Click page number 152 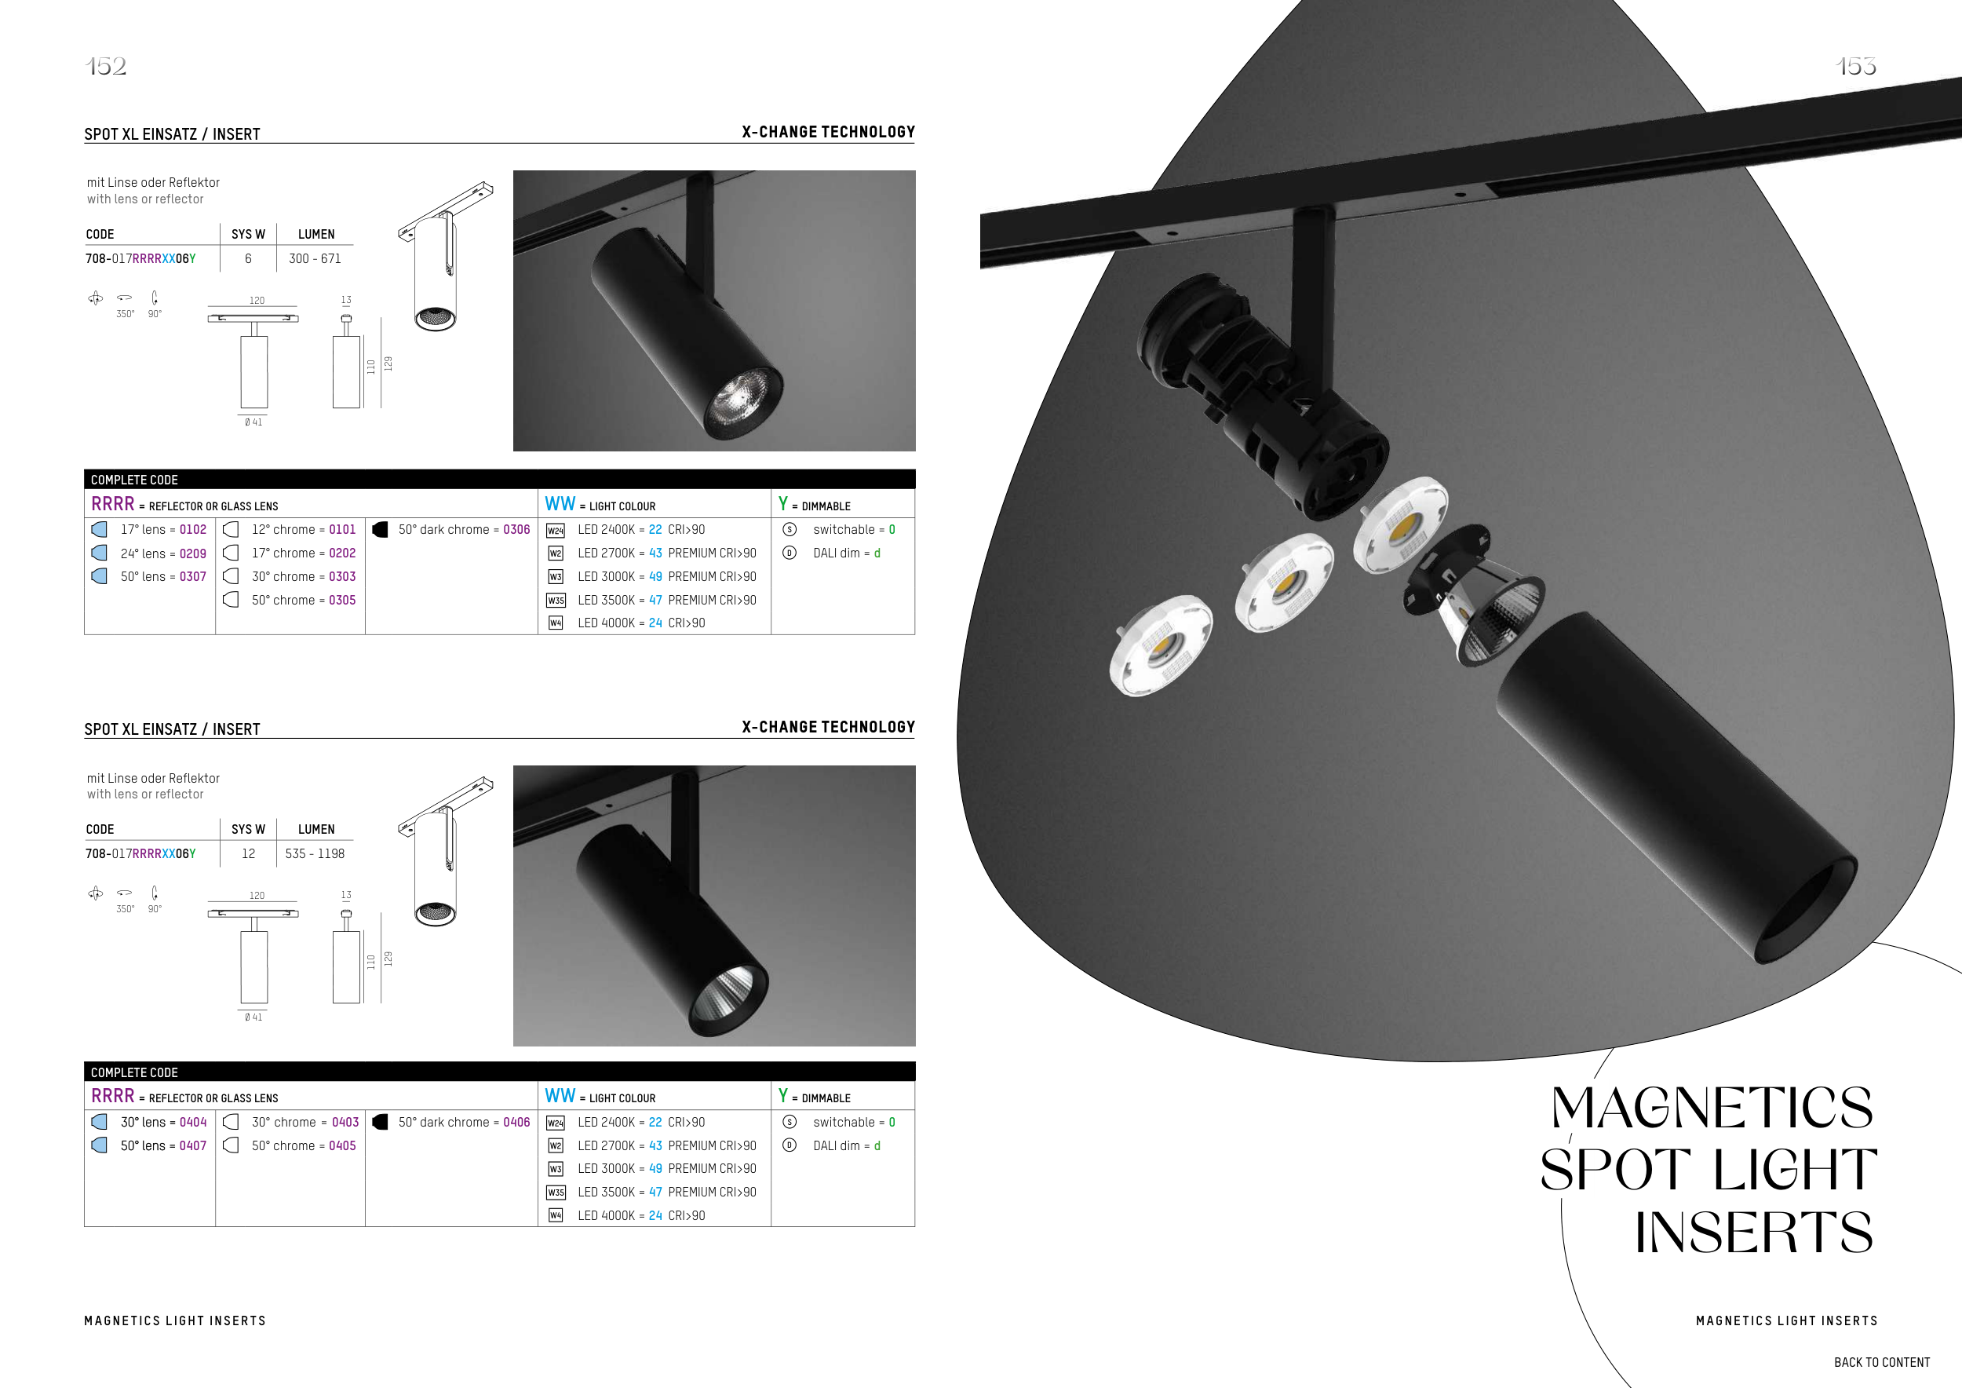[106, 66]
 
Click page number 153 [1855, 66]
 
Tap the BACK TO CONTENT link [1882, 1362]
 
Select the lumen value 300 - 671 [315, 258]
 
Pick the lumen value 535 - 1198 [315, 853]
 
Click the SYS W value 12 [249, 853]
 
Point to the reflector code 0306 [516, 529]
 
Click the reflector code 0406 [516, 1121]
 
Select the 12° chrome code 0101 [342, 529]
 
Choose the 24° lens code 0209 [192, 553]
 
